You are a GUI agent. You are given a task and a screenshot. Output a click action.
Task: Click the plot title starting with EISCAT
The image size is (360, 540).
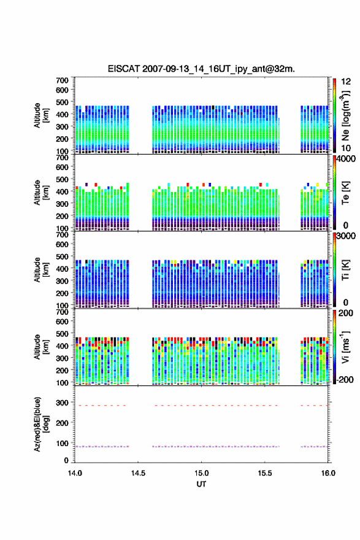[x=201, y=69]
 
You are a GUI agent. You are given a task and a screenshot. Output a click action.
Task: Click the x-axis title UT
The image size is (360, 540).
[x=201, y=484]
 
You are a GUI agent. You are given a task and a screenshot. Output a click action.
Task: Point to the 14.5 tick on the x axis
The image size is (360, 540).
[x=138, y=473]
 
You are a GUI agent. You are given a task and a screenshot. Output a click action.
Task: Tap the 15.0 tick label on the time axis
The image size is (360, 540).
[x=201, y=473]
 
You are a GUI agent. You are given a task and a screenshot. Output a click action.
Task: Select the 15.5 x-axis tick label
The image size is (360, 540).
[x=265, y=473]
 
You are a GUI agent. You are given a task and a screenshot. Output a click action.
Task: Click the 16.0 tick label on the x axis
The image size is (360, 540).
[x=328, y=473]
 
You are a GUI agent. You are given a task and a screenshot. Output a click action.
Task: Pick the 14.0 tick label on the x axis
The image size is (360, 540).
[x=75, y=473]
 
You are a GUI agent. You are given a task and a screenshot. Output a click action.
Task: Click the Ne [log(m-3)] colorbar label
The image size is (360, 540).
[x=345, y=115]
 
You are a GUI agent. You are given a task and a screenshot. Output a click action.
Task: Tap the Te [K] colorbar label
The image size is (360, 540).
[x=345, y=193]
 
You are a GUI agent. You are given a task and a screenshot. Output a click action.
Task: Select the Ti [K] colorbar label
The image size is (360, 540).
[x=345, y=269]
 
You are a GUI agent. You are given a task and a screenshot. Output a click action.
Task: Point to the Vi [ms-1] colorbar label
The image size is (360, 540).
[x=345, y=347]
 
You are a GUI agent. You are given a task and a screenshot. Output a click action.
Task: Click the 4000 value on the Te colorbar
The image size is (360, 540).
[x=346, y=159]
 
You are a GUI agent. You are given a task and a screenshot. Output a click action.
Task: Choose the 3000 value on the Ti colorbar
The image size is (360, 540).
[x=346, y=236]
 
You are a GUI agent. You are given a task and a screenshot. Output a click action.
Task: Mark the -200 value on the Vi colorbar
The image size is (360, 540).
[x=345, y=379]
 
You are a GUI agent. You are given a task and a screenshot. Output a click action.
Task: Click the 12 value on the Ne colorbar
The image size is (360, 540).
[x=346, y=82]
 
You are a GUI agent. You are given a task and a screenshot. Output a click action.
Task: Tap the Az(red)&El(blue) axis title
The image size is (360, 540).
[x=41, y=424]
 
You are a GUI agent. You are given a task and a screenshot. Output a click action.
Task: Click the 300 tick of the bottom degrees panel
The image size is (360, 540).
[x=63, y=403]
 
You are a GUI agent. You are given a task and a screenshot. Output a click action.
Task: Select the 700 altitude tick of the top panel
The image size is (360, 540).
[x=63, y=80]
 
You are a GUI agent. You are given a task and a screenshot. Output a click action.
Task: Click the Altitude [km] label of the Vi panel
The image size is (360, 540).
[x=41, y=347]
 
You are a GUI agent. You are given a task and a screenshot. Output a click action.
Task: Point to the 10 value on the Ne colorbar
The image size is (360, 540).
[x=346, y=148]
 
